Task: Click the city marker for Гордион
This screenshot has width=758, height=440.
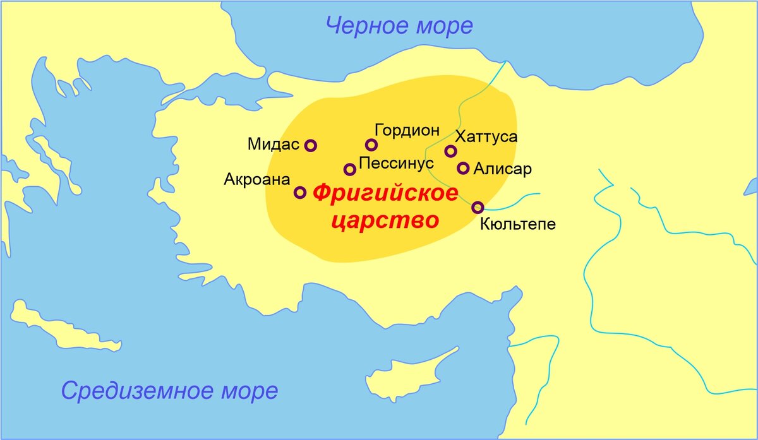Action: pos(371,145)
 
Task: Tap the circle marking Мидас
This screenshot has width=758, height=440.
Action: pos(311,146)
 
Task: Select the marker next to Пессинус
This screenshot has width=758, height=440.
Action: pos(350,169)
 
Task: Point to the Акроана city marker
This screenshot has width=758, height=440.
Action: pos(301,193)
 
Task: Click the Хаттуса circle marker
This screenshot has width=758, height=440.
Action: pos(450,151)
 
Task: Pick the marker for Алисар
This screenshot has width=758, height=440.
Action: pos(463,168)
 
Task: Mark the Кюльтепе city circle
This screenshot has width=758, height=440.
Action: pos(478,207)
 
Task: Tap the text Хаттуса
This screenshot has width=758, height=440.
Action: pos(486,137)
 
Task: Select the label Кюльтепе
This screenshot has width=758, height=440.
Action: pos(518,223)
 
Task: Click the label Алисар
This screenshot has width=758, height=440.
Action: pos(503,169)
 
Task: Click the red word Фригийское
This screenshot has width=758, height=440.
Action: pos(385,194)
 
